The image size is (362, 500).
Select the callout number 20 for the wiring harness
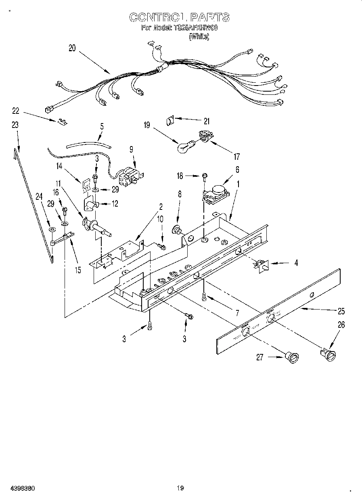(72, 48)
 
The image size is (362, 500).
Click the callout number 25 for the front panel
(341, 311)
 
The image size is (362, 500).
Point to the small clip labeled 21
(170, 119)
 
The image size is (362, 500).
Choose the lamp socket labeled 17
(205, 137)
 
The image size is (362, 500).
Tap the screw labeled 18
(205, 175)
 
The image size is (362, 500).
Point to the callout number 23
(15, 125)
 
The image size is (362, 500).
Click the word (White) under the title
(199, 36)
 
